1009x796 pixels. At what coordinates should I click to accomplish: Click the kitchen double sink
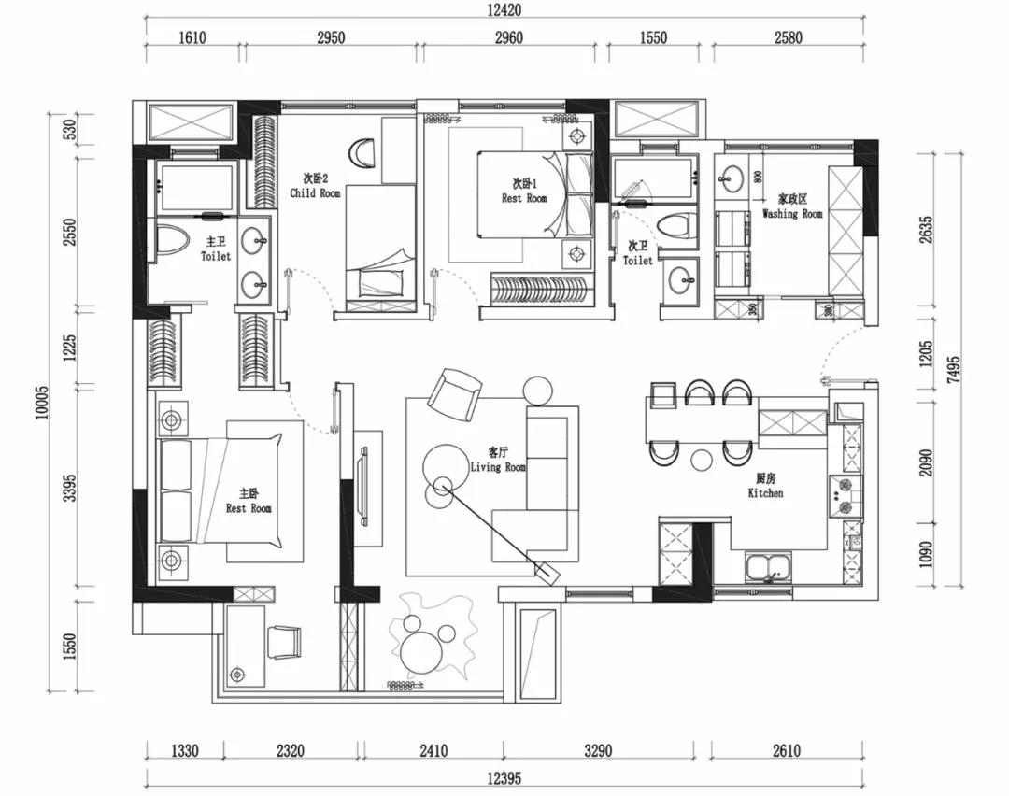pyautogui.click(x=768, y=566)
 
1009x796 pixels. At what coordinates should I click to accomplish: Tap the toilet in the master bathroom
pyautogui.click(x=173, y=238)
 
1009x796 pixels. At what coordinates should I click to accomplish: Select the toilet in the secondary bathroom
pyautogui.click(x=675, y=226)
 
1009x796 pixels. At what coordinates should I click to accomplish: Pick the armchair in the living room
pyautogui.click(x=453, y=391)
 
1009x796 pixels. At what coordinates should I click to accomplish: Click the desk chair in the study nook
pyautogui.click(x=284, y=642)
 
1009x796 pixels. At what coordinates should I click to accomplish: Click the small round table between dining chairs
pyautogui.click(x=701, y=459)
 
